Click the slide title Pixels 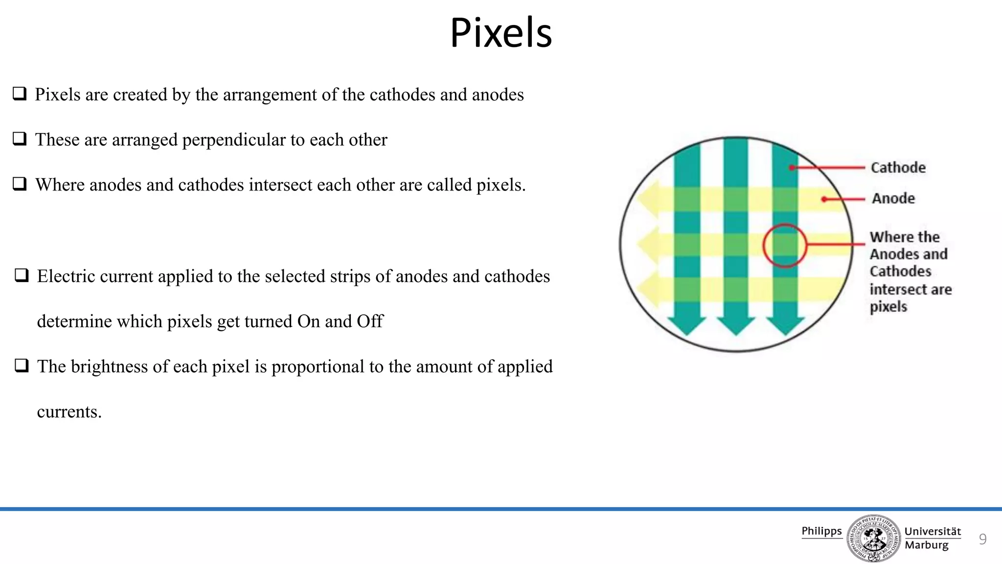coord(501,33)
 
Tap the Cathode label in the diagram coord(898,167)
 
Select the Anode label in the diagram coord(893,198)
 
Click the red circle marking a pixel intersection coord(784,245)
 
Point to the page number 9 coord(982,539)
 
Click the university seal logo coord(873,538)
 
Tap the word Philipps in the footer coord(821,531)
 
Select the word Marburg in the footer coord(926,545)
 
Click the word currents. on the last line coord(69,412)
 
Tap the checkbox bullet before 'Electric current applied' coord(22,275)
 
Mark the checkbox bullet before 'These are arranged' coord(20,139)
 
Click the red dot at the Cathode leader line coord(792,168)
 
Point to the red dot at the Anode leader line coord(824,199)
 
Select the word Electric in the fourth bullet coord(66,277)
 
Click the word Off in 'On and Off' coord(370,322)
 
